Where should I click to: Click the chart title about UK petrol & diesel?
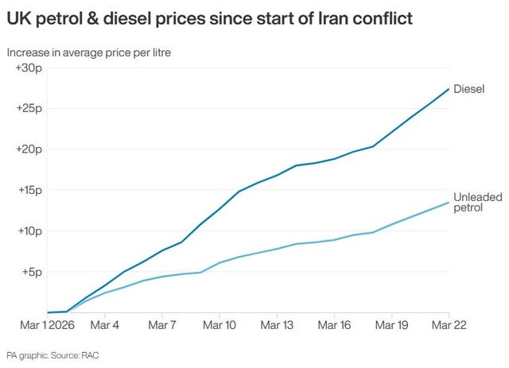pos(209,18)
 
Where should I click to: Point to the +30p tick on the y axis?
pos(29,68)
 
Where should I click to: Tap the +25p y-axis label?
pos(29,108)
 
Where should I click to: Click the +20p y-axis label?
pos(29,149)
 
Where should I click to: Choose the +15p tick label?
pos(29,190)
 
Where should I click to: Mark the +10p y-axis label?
pos(29,231)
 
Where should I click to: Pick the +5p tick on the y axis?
pos(31,272)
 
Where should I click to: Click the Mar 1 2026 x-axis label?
pos(47,325)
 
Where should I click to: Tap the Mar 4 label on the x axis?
pos(105,325)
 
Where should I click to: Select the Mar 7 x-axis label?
pos(162,325)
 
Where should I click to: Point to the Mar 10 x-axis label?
pos(220,325)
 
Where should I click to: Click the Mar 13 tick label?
pos(277,325)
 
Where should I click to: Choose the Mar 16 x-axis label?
pos(334,325)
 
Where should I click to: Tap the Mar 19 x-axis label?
pos(391,325)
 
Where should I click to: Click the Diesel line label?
pos(468,89)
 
